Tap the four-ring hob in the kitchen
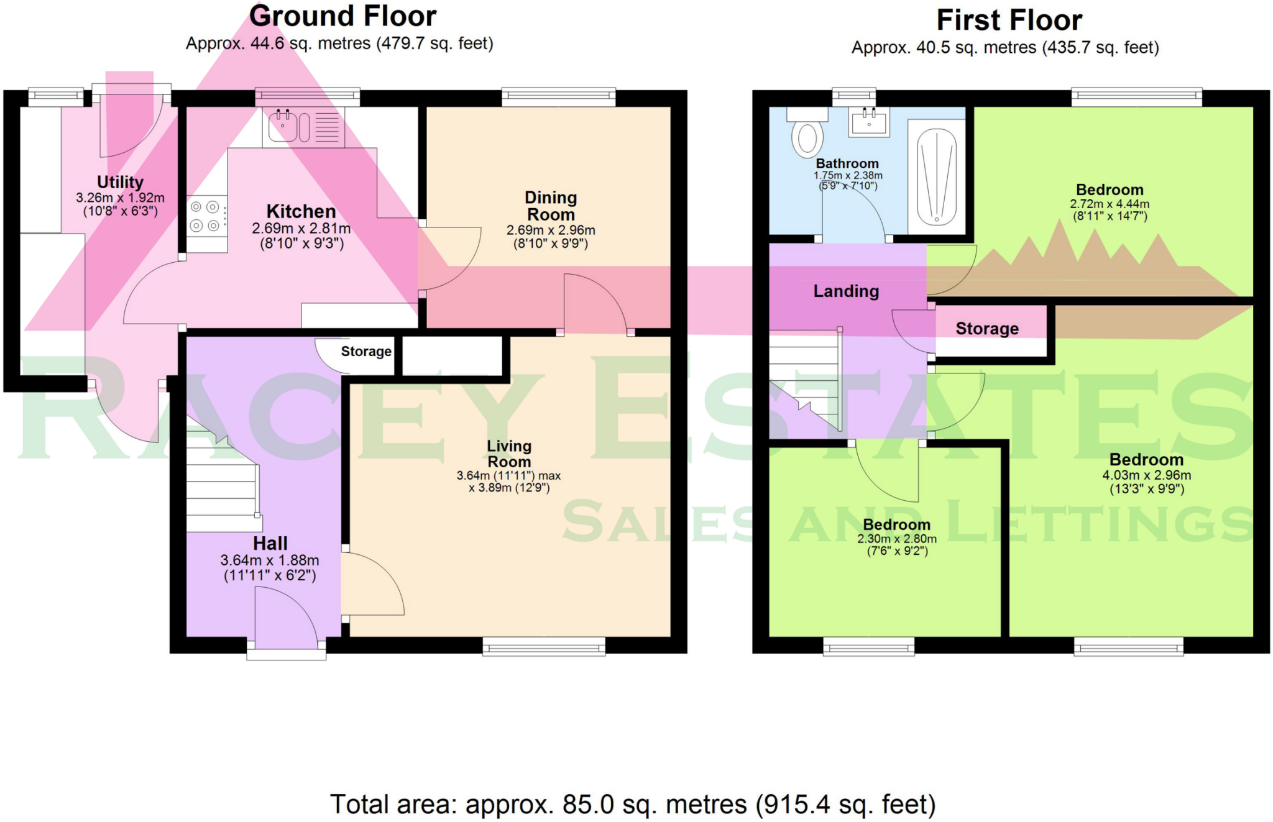pyautogui.click(x=205, y=216)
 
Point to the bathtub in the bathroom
pyautogui.click(x=936, y=176)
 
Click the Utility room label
pyautogui.click(x=120, y=182)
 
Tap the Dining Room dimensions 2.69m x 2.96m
pyautogui.click(x=551, y=230)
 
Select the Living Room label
pyautogui.click(x=509, y=454)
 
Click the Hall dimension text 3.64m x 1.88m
pyautogui.click(x=270, y=560)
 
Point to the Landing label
pyautogui.click(x=846, y=291)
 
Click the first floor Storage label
pyautogui.click(x=987, y=329)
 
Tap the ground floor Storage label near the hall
pyautogui.click(x=366, y=352)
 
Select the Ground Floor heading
pyautogui.click(x=342, y=16)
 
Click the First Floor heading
pyautogui.click(x=1009, y=20)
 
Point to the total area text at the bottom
pyautogui.click(x=632, y=804)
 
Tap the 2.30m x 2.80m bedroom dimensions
pyautogui.click(x=897, y=539)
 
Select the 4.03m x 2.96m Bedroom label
pyautogui.click(x=1147, y=460)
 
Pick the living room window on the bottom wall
pyautogui.click(x=544, y=647)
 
